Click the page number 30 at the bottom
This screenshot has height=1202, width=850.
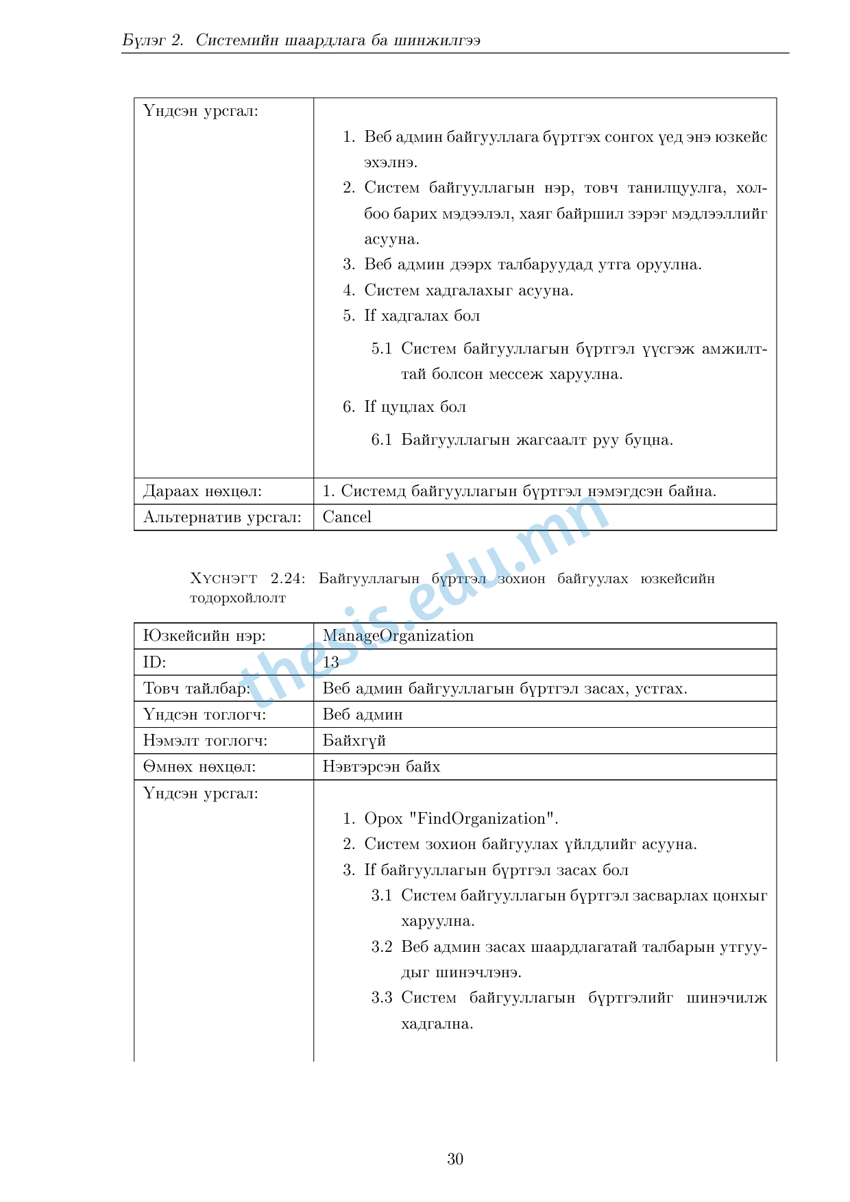(x=455, y=1159)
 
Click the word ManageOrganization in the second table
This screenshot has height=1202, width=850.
(x=398, y=636)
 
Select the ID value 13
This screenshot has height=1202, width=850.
(x=330, y=662)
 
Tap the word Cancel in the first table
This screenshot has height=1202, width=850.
(x=347, y=517)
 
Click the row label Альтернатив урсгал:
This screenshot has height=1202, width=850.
(x=222, y=517)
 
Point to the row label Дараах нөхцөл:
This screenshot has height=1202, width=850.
(x=202, y=491)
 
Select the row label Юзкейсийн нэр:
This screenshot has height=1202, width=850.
(x=204, y=636)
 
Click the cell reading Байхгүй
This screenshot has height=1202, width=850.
(x=354, y=741)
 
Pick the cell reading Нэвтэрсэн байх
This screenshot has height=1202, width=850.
(x=381, y=767)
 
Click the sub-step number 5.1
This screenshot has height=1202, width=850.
(x=381, y=349)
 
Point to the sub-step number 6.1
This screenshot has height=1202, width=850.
(x=381, y=440)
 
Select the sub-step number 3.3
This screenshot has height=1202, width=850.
(x=381, y=998)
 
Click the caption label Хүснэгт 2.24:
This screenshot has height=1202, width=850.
(x=247, y=579)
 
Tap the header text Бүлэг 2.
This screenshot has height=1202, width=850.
(x=152, y=40)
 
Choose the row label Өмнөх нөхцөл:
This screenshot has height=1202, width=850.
(x=199, y=767)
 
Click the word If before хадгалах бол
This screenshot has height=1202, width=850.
(x=370, y=316)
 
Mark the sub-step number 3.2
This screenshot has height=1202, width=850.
(x=381, y=947)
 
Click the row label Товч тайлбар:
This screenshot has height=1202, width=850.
(x=196, y=689)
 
